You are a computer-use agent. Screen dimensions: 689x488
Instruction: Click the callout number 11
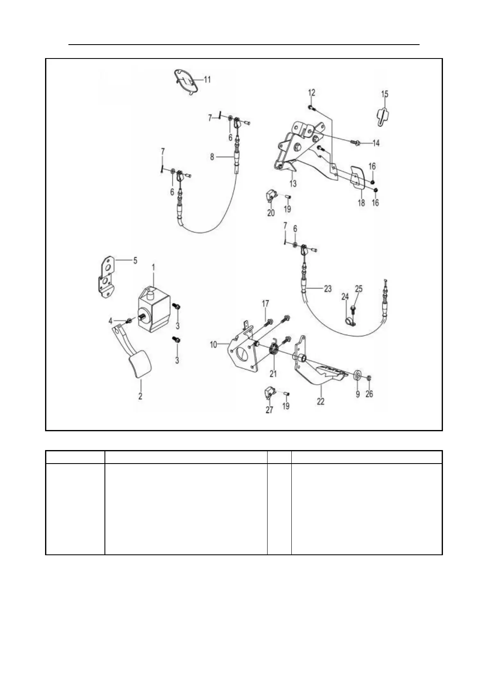coord(207,79)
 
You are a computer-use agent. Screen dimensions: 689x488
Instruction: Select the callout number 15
coord(385,94)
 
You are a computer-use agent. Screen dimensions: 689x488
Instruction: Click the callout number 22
coord(320,401)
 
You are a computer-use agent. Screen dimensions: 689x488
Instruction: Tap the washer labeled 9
coord(357,374)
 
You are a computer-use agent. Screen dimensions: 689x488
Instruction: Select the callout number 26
coord(369,394)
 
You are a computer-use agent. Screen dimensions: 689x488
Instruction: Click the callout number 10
coord(213,344)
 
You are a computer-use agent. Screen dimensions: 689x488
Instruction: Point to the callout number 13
coord(293,184)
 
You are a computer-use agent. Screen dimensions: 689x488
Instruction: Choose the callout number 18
coord(361,203)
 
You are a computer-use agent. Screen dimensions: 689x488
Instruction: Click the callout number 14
coord(376,143)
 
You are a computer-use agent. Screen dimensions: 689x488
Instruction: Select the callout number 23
coord(327,288)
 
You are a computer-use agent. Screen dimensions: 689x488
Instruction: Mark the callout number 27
coord(269,410)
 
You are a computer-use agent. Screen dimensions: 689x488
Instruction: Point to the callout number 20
coord(271,213)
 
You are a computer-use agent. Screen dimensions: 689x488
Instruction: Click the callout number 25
coord(359,289)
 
